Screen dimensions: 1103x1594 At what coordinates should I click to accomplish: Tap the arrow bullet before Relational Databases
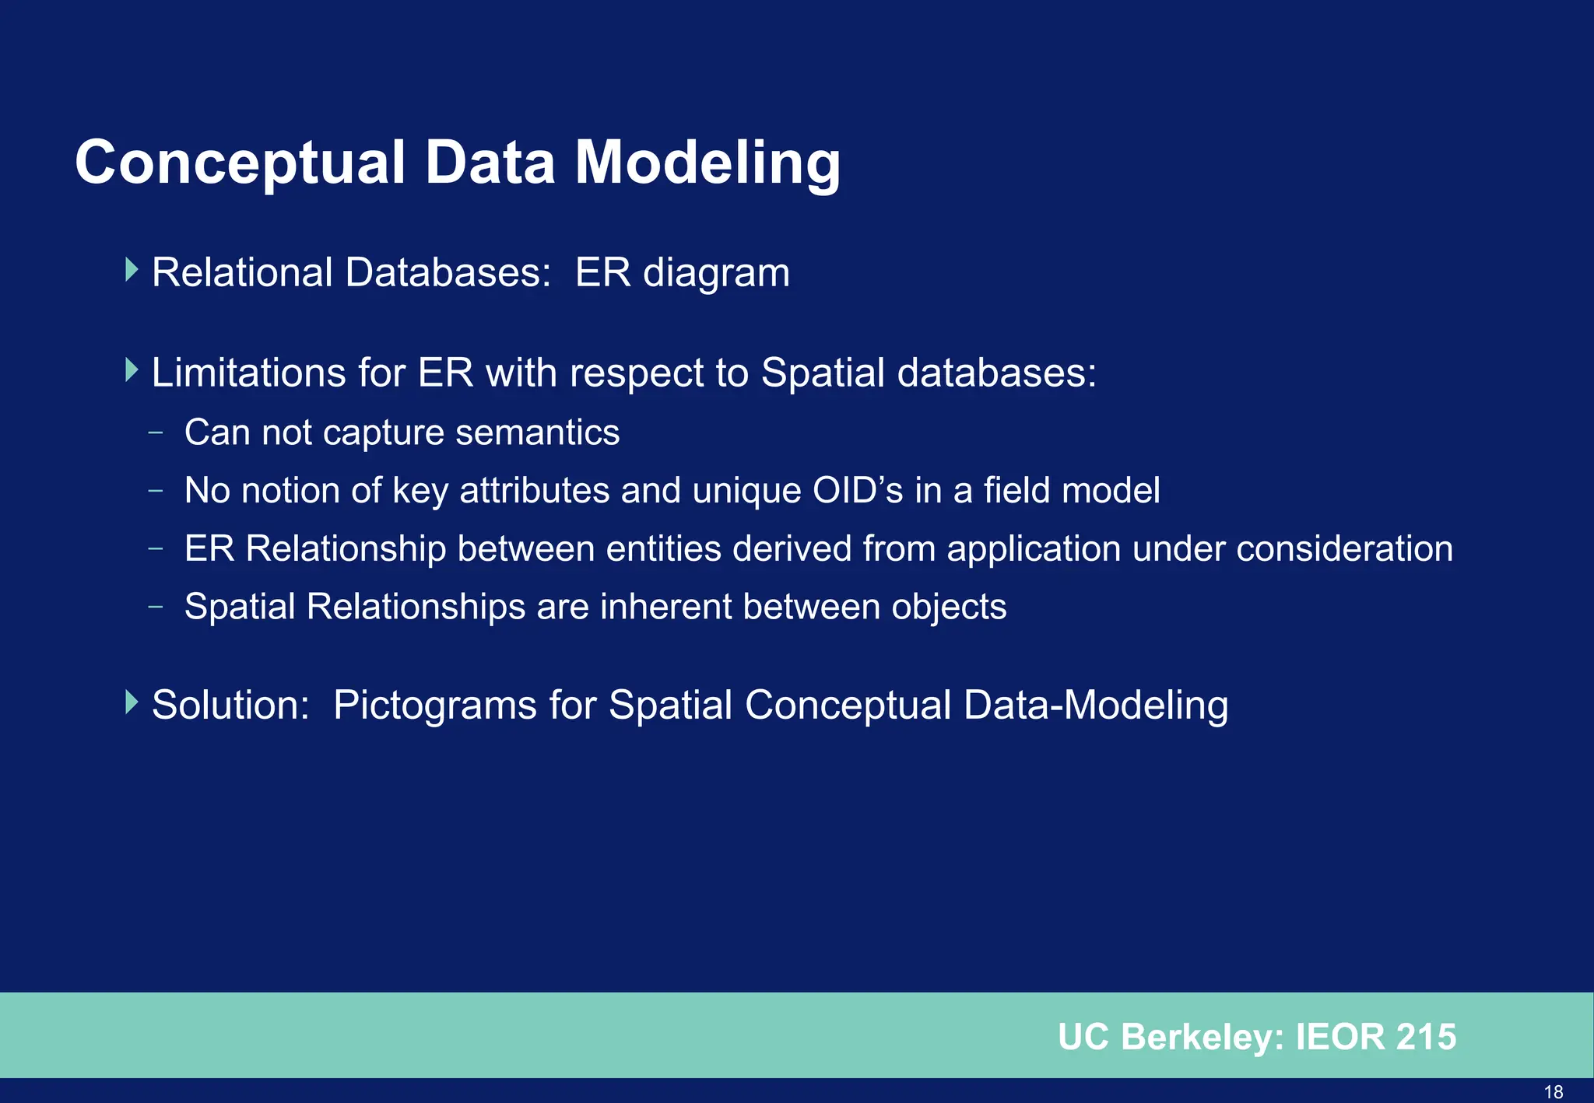[x=132, y=271]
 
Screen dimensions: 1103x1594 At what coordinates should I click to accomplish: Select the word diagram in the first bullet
[x=716, y=274]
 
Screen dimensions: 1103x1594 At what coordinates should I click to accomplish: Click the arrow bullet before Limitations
[x=132, y=370]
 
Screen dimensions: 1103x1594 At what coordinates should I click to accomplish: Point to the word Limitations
[x=248, y=373]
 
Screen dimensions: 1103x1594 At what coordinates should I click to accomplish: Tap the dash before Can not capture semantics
[x=156, y=432]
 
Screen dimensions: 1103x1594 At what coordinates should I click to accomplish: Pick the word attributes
[x=534, y=491]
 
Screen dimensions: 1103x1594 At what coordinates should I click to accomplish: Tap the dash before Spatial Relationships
[x=156, y=606]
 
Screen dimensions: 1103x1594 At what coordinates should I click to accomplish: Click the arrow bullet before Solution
[x=132, y=703]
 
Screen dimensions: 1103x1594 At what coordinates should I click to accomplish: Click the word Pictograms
[x=434, y=706]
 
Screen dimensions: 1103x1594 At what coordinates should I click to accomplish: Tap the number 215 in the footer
[x=1426, y=1037]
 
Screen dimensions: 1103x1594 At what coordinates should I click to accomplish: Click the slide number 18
[x=1554, y=1091]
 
